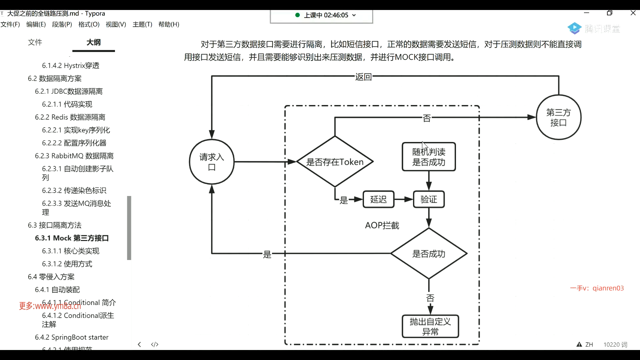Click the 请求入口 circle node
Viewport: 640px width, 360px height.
pyautogui.click(x=212, y=162)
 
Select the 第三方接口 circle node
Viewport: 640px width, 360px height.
pyautogui.click(x=559, y=117)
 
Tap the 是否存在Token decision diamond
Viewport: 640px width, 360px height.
pyautogui.click(x=335, y=162)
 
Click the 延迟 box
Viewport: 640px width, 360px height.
pyautogui.click(x=378, y=199)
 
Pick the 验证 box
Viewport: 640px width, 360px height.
pyautogui.click(x=429, y=199)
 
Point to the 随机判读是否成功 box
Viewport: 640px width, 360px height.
pyautogui.click(x=429, y=157)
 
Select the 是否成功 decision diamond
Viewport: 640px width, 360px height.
pyautogui.click(x=429, y=254)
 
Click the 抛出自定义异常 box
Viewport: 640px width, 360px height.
pyautogui.click(x=430, y=326)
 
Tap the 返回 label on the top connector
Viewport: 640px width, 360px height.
pyautogui.click(x=363, y=77)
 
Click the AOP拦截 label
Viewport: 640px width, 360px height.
pyautogui.click(x=382, y=226)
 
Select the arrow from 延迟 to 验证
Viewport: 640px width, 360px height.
pyautogui.click(x=404, y=199)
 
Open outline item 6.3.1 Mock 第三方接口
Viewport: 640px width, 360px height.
pyautogui.click(x=72, y=238)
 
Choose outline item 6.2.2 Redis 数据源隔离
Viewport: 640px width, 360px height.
pyautogui.click(x=70, y=117)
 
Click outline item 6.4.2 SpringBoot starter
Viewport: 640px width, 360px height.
pyautogui.click(x=72, y=337)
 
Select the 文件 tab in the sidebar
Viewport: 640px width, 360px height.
pyautogui.click(x=35, y=42)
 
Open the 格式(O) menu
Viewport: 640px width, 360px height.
pyautogui.click(x=89, y=24)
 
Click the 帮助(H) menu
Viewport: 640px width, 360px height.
pyautogui.click(x=169, y=24)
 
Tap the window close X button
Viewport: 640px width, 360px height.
pyautogui.click(x=633, y=13)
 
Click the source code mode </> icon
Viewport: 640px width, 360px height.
pyautogui.click(x=155, y=344)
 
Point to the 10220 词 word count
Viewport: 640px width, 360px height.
pyautogui.click(x=615, y=344)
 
